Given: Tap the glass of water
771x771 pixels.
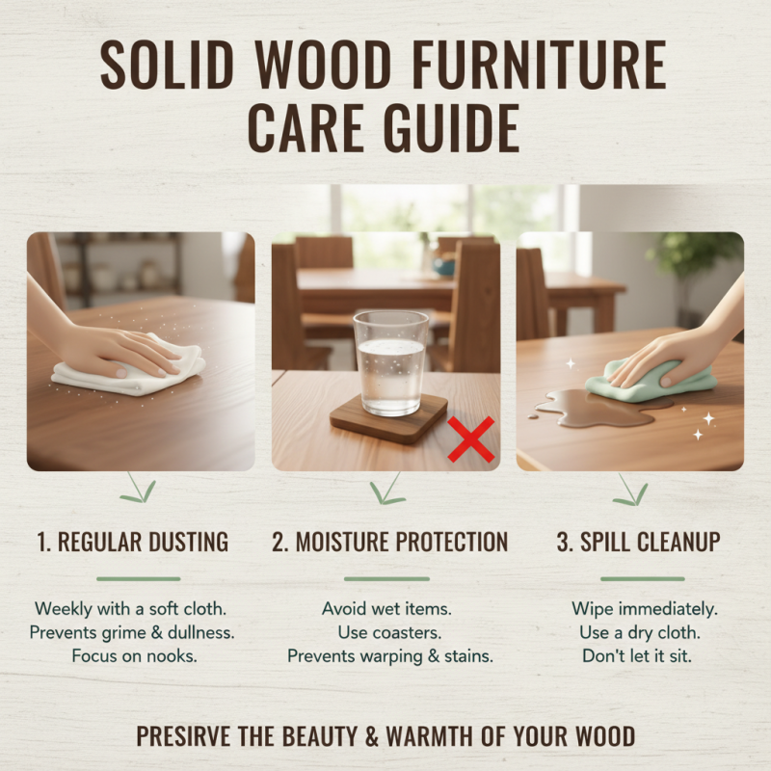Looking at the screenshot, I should tap(390, 361).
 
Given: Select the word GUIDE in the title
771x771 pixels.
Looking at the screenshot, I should tap(452, 128).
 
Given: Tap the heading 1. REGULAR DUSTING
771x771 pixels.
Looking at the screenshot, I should tap(133, 543).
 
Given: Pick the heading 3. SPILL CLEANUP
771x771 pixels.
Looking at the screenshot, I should tap(638, 543).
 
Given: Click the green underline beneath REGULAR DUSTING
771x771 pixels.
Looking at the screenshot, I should tap(138, 579).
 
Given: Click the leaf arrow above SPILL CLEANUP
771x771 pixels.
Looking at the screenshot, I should tap(631, 491).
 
